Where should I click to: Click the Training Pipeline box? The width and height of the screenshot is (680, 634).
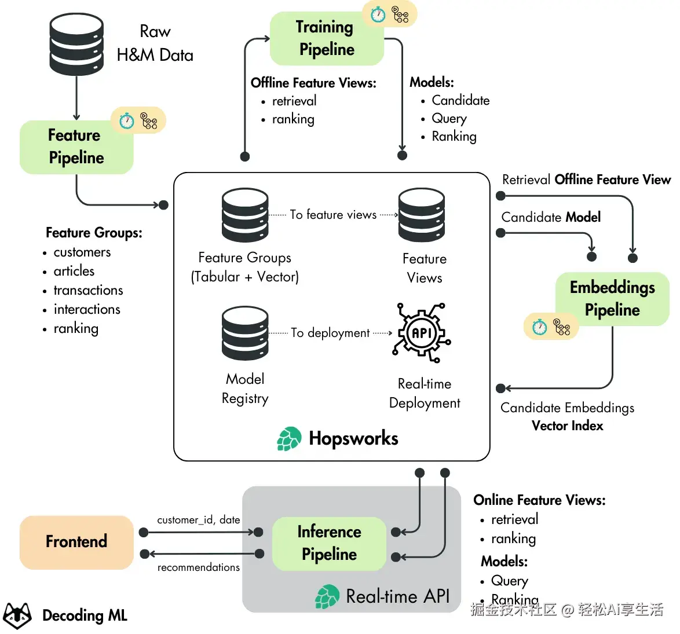pos(327,39)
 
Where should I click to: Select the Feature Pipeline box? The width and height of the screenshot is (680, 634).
pos(76,147)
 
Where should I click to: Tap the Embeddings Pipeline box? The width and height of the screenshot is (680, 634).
pos(612,299)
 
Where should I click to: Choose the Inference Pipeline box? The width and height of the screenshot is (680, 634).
pos(329,543)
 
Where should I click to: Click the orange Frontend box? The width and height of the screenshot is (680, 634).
pos(76,542)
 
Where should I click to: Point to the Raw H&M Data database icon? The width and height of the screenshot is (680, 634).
pos(76,44)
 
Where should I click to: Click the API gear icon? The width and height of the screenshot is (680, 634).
pos(422,332)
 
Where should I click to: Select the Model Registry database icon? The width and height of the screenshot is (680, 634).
pos(245,333)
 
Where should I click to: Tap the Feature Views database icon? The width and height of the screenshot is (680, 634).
pos(422,215)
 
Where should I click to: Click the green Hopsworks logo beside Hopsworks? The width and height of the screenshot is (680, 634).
pos(289,438)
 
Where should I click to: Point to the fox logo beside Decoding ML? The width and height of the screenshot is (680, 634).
pos(17,615)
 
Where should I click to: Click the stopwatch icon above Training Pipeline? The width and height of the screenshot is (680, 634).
pos(378,14)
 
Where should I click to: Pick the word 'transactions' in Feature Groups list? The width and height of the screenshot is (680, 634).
pos(89,290)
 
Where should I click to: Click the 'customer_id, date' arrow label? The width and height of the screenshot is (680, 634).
pos(198,519)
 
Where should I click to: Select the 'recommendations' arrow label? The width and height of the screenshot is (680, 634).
pos(198,567)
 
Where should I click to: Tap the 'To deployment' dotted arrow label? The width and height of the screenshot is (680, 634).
pos(330,332)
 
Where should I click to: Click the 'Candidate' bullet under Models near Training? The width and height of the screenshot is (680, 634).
pos(460,100)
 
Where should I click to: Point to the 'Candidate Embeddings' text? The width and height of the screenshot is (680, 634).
pos(567,408)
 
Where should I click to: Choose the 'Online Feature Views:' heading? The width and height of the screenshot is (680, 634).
pos(539,500)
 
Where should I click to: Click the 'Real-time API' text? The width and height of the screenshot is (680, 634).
pos(398,596)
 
